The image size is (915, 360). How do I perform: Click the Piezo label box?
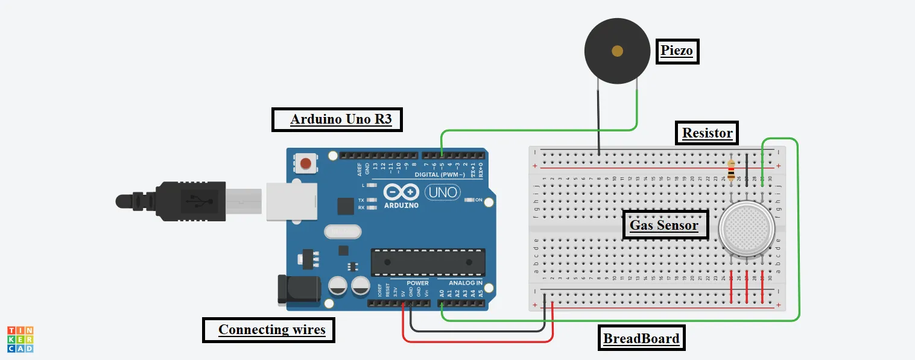[677, 51]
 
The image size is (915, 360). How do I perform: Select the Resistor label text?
[707, 133]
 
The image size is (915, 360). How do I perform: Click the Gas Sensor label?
[664, 226]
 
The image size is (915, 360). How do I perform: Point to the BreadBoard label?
[641, 338]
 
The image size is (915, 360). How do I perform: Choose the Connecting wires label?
[271, 329]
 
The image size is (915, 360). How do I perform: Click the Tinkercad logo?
[20, 339]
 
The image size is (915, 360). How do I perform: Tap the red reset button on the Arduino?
[306, 163]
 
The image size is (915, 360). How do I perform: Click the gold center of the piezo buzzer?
[617, 51]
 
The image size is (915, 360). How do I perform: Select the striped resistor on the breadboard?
[732, 170]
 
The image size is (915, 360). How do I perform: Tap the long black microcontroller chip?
[428, 262]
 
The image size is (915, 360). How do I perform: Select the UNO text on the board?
[442, 193]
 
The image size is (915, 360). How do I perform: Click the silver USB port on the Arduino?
[291, 200]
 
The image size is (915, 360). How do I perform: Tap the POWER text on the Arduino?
[417, 283]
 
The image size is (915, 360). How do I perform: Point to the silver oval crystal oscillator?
[341, 231]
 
